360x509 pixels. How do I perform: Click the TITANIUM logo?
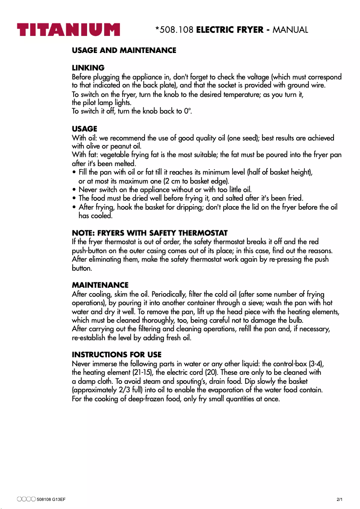[x=69, y=30]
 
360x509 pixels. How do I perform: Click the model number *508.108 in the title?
[x=174, y=30]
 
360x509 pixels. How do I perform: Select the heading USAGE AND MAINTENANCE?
[x=124, y=50]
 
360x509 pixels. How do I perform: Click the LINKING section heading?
[x=88, y=68]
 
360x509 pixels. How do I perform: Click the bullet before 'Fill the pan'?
[x=74, y=172]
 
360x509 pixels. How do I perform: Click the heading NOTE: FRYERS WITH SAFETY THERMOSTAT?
[x=149, y=233]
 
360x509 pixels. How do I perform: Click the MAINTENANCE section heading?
[x=100, y=285]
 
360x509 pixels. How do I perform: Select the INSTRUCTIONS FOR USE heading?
[x=117, y=355]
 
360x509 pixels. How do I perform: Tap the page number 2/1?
[x=339, y=500]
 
